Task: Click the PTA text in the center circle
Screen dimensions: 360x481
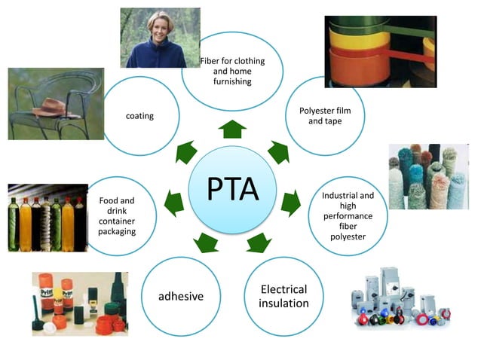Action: point(233,190)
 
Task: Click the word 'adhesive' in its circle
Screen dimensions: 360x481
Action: point(181,296)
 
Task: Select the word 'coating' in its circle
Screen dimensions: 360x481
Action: point(139,115)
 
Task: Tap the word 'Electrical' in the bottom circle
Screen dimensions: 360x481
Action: point(283,289)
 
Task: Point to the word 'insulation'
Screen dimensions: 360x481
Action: point(283,304)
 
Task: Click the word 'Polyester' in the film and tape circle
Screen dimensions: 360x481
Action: point(326,111)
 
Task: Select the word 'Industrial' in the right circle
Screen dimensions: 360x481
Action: point(348,196)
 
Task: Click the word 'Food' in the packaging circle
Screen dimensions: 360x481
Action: point(116,201)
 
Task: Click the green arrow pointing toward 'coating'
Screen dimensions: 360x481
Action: point(185,153)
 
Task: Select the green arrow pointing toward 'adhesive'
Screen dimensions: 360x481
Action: point(204,242)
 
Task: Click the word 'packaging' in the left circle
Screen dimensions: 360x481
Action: point(117,231)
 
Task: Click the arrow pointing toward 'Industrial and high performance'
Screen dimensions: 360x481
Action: point(290,202)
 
